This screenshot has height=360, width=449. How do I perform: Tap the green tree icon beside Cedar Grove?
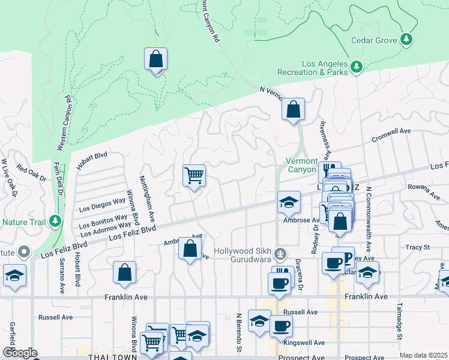(407, 39)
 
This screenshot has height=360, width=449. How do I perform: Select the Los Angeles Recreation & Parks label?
(325, 68)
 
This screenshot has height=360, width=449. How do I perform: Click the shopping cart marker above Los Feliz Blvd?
(194, 176)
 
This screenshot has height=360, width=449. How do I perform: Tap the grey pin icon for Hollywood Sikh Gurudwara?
(279, 254)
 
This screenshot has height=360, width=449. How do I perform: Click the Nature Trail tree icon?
(55, 221)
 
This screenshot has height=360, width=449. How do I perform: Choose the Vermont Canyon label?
(301, 166)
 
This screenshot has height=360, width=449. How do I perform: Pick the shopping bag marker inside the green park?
(155, 60)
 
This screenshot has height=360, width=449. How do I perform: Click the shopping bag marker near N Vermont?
(294, 110)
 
